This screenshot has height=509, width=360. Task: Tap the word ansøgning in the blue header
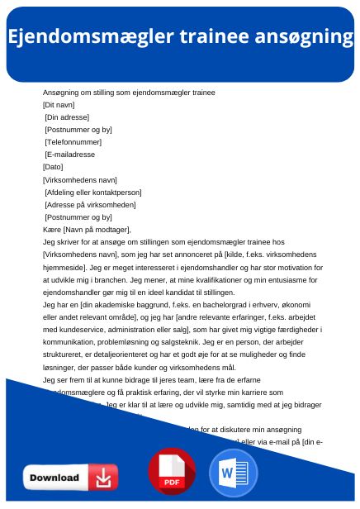[x=303, y=36]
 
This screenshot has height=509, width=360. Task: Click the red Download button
[x=70, y=478]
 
